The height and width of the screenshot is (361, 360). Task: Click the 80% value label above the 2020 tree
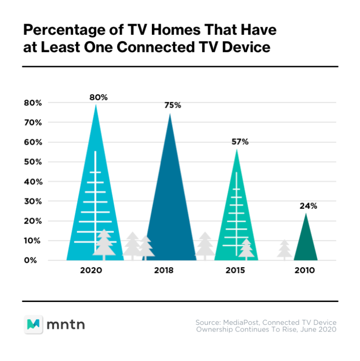point(99,98)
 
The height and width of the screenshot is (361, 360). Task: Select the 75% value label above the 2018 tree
point(172,105)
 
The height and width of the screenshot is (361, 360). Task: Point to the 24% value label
point(308,206)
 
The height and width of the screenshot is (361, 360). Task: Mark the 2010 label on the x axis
point(305,271)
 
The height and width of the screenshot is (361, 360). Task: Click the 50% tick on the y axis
point(32,162)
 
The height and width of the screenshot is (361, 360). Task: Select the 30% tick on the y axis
point(32,201)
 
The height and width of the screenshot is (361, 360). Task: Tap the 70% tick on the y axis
point(32,122)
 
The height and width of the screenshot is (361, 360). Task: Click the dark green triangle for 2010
point(306,244)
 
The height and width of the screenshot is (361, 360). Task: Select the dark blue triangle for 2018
point(169,211)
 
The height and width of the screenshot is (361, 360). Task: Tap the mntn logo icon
point(34,323)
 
